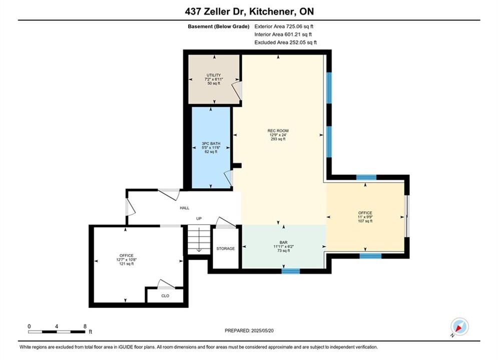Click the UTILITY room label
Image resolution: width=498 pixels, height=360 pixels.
pyautogui.click(x=214, y=75)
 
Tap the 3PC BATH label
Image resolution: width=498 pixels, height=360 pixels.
pyautogui.click(x=211, y=143)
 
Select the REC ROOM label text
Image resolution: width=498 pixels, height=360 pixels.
pyautogui.click(x=278, y=130)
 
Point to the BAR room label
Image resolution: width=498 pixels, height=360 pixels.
pyautogui.click(x=283, y=242)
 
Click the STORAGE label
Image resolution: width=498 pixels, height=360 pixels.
pyautogui.click(x=226, y=248)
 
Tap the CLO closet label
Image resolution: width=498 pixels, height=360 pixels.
pyautogui.click(x=165, y=296)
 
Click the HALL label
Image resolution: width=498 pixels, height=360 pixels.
pyautogui.click(x=185, y=208)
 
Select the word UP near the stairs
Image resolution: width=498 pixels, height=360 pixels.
pyautogui.click(x=199, y=218)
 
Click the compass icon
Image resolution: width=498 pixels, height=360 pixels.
pyautogui.click(x=459, y=326)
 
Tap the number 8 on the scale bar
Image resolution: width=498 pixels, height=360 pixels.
pyautogui.click(x=85, y=326)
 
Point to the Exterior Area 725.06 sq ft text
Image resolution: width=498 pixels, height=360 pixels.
pyautogui.click(x=284, y=26)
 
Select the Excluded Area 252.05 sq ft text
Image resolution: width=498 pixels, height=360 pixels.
pyautogui.click(x=285, y=42)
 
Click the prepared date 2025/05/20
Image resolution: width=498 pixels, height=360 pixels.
pyautogui.click(x=262, y=330)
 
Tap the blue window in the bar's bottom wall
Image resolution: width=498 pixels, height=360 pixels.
pyautogui.click(x=291, y=271)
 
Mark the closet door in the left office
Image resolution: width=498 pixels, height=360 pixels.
pyautogui.click(x=166, y=284)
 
